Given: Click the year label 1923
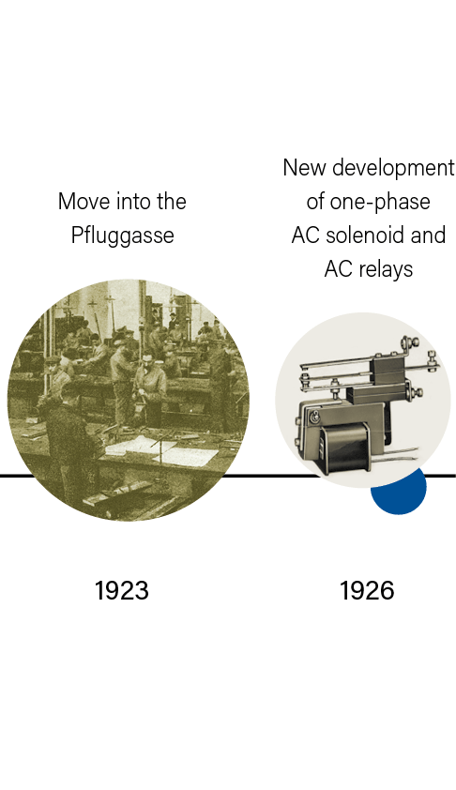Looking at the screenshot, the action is [x=122, y=590].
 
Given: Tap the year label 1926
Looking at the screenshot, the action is [x=367, y=590].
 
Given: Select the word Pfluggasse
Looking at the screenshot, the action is [x=122, y=235].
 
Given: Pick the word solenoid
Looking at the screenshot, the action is [x=365, y=235].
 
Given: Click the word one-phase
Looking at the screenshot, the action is [x=380, y=202].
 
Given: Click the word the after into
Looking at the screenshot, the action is [x=172, y=202].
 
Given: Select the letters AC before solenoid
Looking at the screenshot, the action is [x=305, y=235].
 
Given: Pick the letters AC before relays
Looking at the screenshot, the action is [x=338, y=269].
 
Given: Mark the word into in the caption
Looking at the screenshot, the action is [x=133, y=202].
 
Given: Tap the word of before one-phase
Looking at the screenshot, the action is [x=315, y=202].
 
